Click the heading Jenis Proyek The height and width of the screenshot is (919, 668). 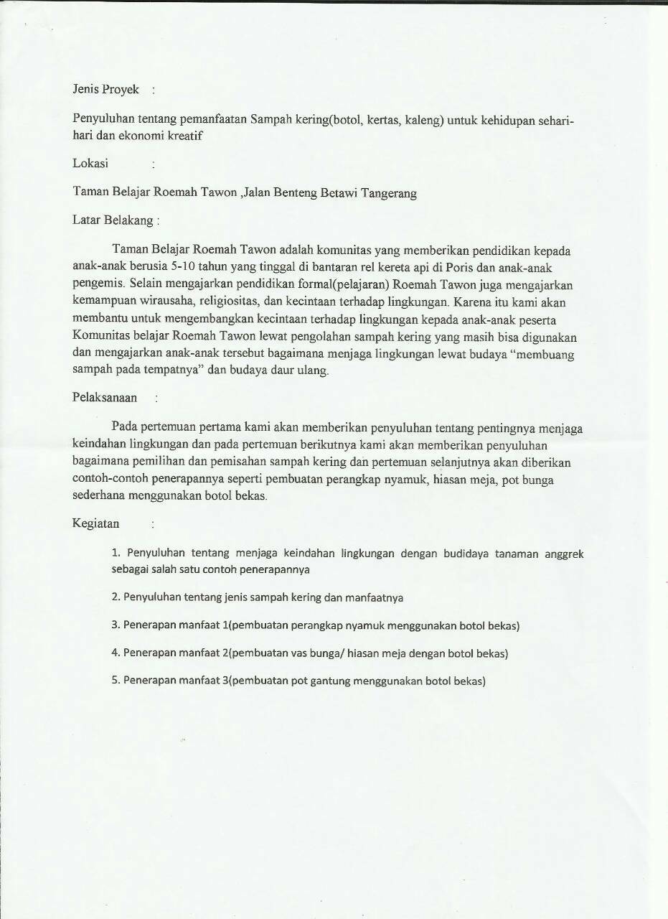click(x=105, y=90)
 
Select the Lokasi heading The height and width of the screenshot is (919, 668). click(x=90, y=164)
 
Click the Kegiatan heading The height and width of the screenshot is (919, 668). click(x=96, y=523)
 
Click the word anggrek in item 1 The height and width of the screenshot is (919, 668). click(x=562, y=554)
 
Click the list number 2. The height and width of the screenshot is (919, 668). click(x=116, y=597)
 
